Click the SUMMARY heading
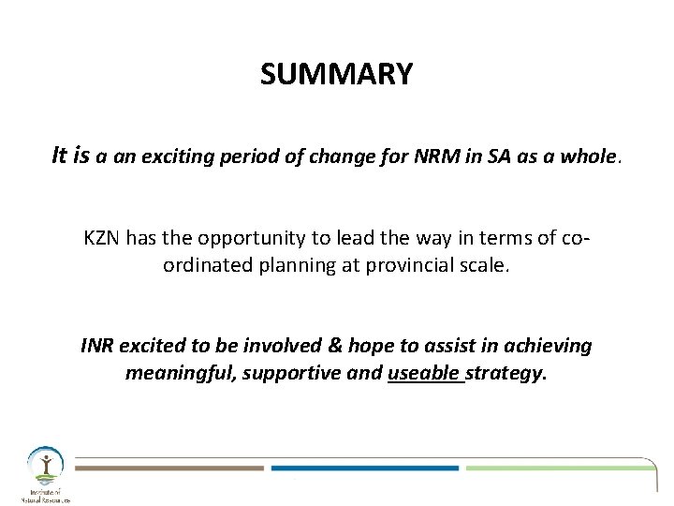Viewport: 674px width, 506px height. [x=336, y=74]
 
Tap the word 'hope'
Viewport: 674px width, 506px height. [x=344, y=347]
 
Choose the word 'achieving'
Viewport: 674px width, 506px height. [x=549, y=347]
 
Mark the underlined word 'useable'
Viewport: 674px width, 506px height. [x=423, y=373]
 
